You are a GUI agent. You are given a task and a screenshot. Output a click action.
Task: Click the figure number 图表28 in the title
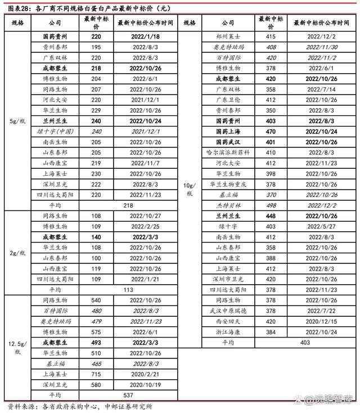pos(15,8)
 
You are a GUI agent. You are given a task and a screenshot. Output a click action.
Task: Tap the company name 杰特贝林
pos(227,205)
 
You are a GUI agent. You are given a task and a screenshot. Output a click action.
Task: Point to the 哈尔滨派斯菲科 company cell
pos(227,152)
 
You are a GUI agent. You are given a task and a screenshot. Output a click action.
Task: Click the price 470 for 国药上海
pos(271,131)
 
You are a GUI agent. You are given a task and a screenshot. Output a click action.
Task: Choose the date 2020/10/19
pos(146,384)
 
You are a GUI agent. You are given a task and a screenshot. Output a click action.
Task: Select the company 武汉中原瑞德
pos(227,311)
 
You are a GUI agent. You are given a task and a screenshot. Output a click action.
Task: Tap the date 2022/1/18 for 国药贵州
pos(146,36)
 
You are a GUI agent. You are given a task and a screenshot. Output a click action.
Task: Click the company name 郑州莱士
pos(227,36)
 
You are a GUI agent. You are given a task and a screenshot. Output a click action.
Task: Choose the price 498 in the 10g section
pos(271,205)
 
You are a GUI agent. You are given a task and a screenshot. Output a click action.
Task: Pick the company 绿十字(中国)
pos(55,131)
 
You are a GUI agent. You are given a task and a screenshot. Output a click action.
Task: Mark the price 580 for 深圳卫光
pos(97,384)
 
